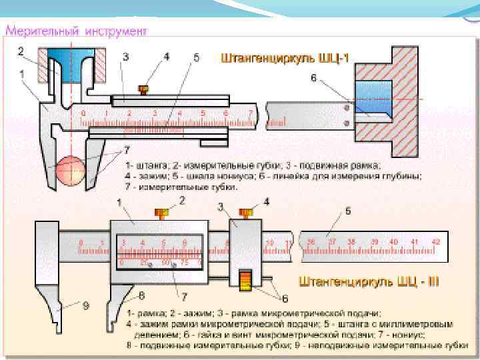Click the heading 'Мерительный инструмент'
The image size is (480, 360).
click(77, 31)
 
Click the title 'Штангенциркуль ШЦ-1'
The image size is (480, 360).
click(285, 59)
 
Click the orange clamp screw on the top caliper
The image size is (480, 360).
click(142, 89)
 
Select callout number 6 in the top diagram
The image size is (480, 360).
click(313, 79)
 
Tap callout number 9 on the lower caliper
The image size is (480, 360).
click(86, 305)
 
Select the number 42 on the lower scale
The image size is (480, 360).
click(435, 241)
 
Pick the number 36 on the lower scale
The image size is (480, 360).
click(311, 241)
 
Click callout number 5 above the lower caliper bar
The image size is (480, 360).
click(347, 211)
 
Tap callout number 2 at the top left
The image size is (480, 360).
click(21, 51)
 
